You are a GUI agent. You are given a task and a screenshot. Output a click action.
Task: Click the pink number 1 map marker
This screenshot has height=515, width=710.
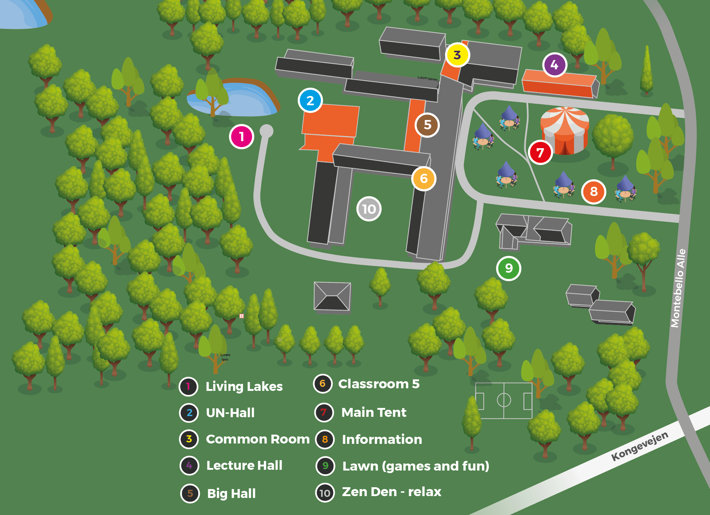(242, 137)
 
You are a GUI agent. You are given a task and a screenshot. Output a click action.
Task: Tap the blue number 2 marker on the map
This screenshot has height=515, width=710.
(310, 100)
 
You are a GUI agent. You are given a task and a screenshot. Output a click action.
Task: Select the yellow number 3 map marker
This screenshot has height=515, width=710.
(457, 55)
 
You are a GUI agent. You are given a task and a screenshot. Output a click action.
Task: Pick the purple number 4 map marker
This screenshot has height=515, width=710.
(554, 65)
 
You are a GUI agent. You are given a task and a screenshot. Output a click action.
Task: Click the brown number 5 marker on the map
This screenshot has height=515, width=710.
(427, 125)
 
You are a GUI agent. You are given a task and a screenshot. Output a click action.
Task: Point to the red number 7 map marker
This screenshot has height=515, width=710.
(540, 152)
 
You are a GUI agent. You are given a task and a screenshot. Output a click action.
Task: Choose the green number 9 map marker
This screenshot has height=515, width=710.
(509, 268)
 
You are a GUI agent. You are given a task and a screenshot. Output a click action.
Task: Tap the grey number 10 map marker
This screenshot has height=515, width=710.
(369, 209)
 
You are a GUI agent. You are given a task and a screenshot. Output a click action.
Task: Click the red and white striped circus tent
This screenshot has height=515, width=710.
(564, 130)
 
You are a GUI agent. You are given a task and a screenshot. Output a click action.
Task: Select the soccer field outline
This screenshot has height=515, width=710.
(504, 401)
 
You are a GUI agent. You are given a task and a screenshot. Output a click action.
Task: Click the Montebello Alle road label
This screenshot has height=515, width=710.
(679, 288)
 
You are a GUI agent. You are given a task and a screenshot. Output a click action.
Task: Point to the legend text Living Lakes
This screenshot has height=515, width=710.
(244, 386)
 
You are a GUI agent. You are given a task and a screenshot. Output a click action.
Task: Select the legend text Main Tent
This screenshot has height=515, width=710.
(374, 412)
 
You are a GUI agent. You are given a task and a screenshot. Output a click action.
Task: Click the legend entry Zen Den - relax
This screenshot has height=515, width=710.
(391, 492)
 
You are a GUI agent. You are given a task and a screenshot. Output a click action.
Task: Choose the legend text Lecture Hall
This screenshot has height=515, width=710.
(244, 465)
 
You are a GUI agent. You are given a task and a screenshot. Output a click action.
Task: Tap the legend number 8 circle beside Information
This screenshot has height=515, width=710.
(325, 439)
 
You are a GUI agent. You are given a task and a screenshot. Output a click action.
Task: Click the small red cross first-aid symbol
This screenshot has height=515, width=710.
(242, 316)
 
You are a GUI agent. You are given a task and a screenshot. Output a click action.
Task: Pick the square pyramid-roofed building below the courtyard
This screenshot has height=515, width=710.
(332, 296)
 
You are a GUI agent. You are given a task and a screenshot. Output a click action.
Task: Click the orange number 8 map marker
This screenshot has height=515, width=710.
(594, 192)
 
